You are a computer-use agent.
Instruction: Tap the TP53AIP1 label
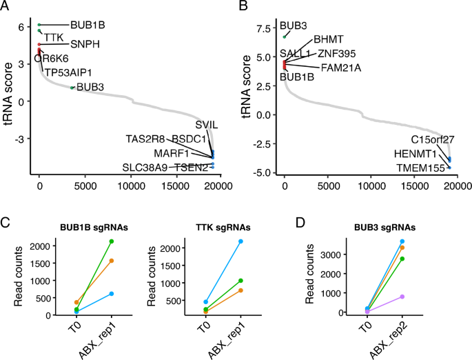pyautogui.click(x=68, y=72)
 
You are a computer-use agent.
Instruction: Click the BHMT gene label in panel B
pyautogui.click(x=328, y=40)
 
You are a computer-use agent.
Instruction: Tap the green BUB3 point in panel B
pyautogui.click(x=285, y=37)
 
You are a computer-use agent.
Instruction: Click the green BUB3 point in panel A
pyautogui.click(x=72, y=88)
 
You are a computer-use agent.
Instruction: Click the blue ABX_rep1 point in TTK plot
pyautogui.click(x=240, y=241)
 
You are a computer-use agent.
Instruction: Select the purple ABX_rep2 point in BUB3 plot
pyautogui.click(x=402, y=297)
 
